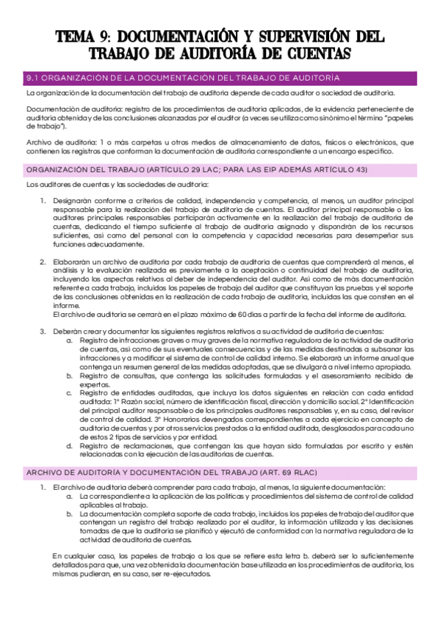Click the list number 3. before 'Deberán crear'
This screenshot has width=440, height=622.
tap(43, 332)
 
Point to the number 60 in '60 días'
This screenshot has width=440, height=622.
tap(263, 315)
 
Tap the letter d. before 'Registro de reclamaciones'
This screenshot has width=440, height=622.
tap(70, 445)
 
